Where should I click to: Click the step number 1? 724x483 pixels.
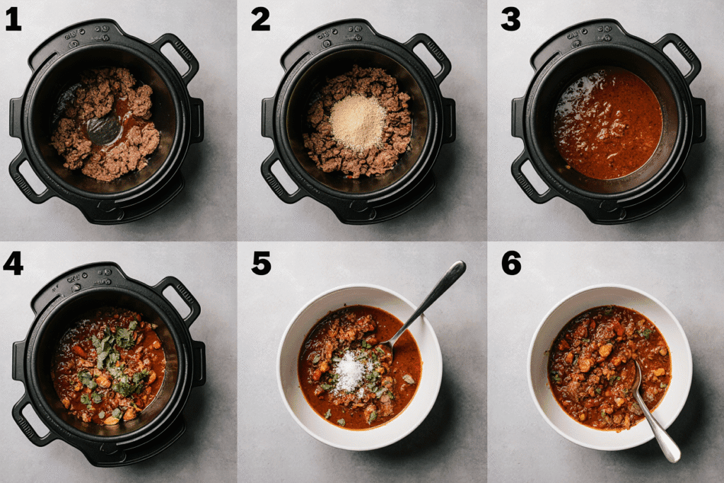tap(13, 21)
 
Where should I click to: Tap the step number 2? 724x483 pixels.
tap(260, 21)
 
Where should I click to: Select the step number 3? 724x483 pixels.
tap(510, 21)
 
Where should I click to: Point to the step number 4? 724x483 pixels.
tap(13, 264)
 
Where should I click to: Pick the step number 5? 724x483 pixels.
tap(262, 264)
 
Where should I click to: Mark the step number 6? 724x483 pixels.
tap(511, 264)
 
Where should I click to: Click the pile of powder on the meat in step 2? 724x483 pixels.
tap(357, 122)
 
